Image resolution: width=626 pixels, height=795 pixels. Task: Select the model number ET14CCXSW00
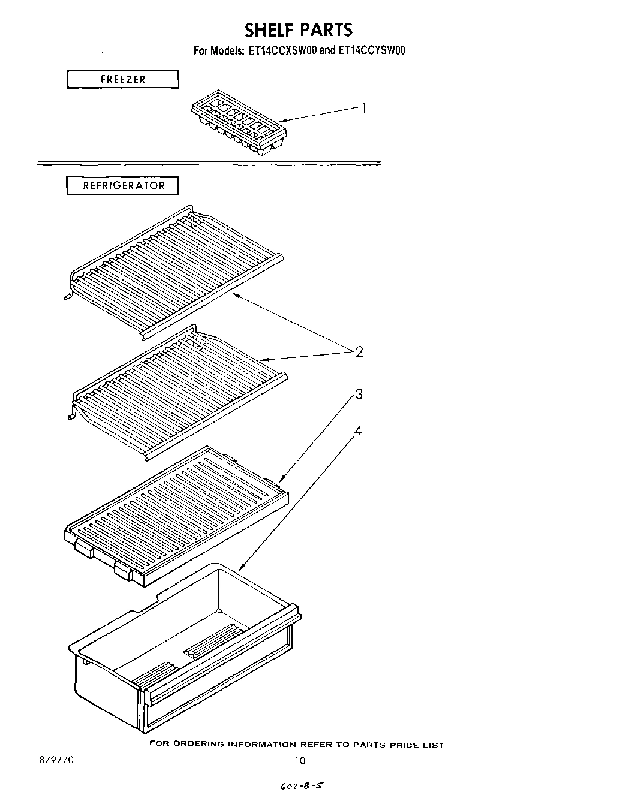(282, 51)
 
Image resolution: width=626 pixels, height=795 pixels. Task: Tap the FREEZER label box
(122, 79)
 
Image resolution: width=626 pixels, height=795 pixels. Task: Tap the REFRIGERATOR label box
(122, 186)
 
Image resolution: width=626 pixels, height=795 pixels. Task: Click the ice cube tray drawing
(238, 127)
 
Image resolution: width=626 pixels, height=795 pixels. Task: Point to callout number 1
(363, 109)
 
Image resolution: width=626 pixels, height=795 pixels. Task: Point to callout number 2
(359, 352)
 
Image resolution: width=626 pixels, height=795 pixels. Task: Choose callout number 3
(359, 395)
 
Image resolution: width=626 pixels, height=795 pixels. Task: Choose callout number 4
(359, 430)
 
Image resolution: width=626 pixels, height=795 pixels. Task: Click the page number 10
(300, 761)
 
